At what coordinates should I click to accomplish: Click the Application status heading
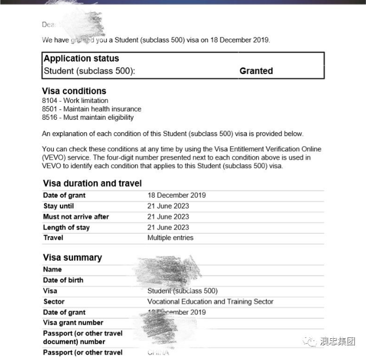[x=81, y=59]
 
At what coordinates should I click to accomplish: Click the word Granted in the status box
[x=256, y=71]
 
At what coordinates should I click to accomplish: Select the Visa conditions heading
[x=74, y=91]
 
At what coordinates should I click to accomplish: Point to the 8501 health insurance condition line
[x=91, y=109]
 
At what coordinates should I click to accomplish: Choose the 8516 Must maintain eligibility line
[x=88, y=117]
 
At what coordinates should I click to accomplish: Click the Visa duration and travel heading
[x=92, y=184]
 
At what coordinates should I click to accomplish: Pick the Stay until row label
[x=58, y=206]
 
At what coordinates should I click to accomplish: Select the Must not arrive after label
[x=76, y=217]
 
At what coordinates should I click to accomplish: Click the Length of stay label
[x=66, y=228]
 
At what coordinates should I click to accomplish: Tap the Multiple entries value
[x=170, y=238]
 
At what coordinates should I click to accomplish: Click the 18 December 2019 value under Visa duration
[x=176, y=196]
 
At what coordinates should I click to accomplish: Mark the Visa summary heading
[x=72, y=258]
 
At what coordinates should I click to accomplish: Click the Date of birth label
[x=63, y=280]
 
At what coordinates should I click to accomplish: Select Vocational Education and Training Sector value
[x=210, y=302]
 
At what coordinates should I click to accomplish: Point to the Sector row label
[x=54, y=302]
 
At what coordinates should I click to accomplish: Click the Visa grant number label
[x=73, y=323]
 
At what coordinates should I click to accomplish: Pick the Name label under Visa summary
[x=52, y=270]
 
